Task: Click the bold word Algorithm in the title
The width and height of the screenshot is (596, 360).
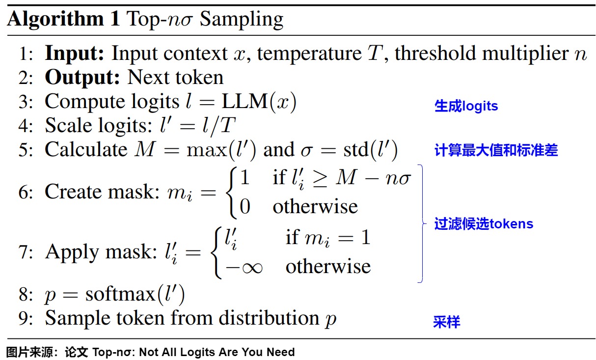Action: click(x=55, y=20)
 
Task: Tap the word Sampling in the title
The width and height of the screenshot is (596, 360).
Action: click(x=242, y=20)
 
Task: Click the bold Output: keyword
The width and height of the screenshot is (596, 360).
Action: click(x=82, y=78)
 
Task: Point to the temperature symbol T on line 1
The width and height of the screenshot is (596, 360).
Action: click(x=375, y=53)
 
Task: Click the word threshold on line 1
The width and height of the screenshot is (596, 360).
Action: click(x=435, y=53)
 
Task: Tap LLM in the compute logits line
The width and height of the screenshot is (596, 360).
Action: click(x=245, y=102)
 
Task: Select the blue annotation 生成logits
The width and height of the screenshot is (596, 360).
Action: click(x=466, y=106)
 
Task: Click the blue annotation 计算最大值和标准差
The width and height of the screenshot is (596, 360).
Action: click(x=496, y=150)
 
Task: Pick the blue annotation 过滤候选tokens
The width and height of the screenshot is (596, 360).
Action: click(x=484, y=223)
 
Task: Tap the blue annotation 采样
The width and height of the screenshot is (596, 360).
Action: click(x=447, y=322)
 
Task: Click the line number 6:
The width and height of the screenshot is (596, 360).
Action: click(x=26, y=192)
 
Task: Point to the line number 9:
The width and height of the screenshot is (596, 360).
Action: click(x=26, y=318)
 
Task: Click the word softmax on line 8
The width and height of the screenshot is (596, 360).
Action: click(x=120, y=294)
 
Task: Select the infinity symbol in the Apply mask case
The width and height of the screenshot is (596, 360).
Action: click(x=252, y=268)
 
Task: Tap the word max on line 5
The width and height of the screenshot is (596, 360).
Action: click(x=207, y=150)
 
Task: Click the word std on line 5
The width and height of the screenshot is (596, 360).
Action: click(x=356, y=149)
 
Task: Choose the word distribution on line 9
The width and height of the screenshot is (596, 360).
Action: click(x=269, y=318)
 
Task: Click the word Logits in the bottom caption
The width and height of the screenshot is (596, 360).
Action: click(x=197, y=352)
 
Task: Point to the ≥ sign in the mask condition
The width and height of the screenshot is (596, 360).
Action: click(x=320, y=178)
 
